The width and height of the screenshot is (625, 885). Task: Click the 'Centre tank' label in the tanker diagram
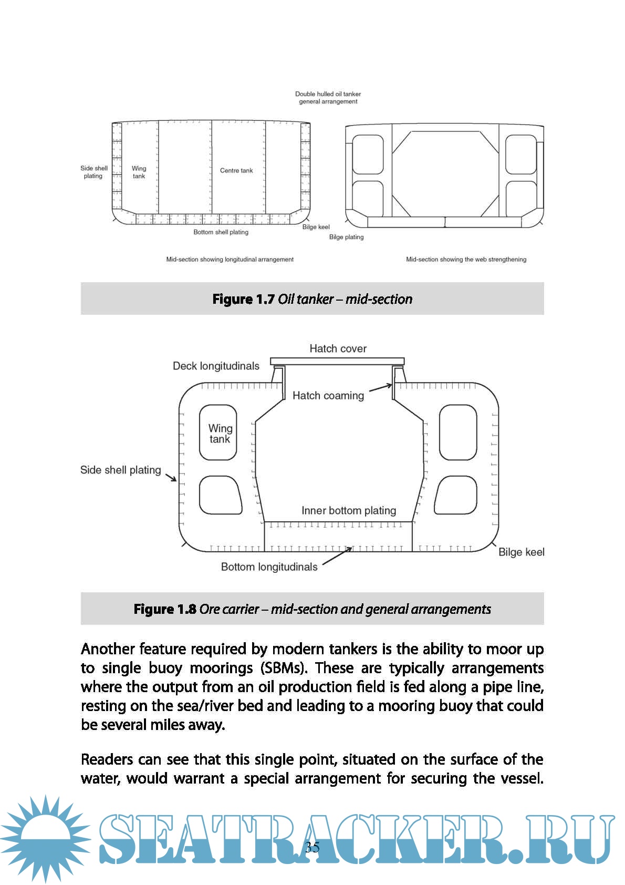point(236,171)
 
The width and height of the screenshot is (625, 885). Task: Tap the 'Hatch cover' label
point(338,348)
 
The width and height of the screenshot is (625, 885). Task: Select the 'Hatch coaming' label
point(328,396)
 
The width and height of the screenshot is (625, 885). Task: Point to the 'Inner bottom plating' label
point(348,510)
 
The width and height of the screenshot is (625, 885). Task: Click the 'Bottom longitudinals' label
point(269,567)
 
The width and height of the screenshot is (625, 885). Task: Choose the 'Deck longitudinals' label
point(216,366)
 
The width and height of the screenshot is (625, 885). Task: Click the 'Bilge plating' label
point(346,237)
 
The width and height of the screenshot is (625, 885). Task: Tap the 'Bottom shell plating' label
point(221,232)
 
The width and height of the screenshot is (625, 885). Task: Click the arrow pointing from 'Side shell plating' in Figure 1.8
point(171,477)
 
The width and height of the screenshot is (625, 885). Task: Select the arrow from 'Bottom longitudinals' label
point(337,557)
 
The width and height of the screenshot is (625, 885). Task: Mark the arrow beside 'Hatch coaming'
point(381,388)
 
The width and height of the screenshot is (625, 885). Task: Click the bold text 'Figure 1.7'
point(243,300)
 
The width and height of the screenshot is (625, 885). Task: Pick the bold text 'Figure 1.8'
point(165,610)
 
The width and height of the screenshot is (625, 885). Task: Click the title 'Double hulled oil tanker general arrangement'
point(328,98)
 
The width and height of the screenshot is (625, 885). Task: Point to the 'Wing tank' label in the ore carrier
point(220,434)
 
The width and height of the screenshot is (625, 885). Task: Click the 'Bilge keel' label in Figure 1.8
point(521,552)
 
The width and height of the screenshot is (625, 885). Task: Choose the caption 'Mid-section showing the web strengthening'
point(466,260)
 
